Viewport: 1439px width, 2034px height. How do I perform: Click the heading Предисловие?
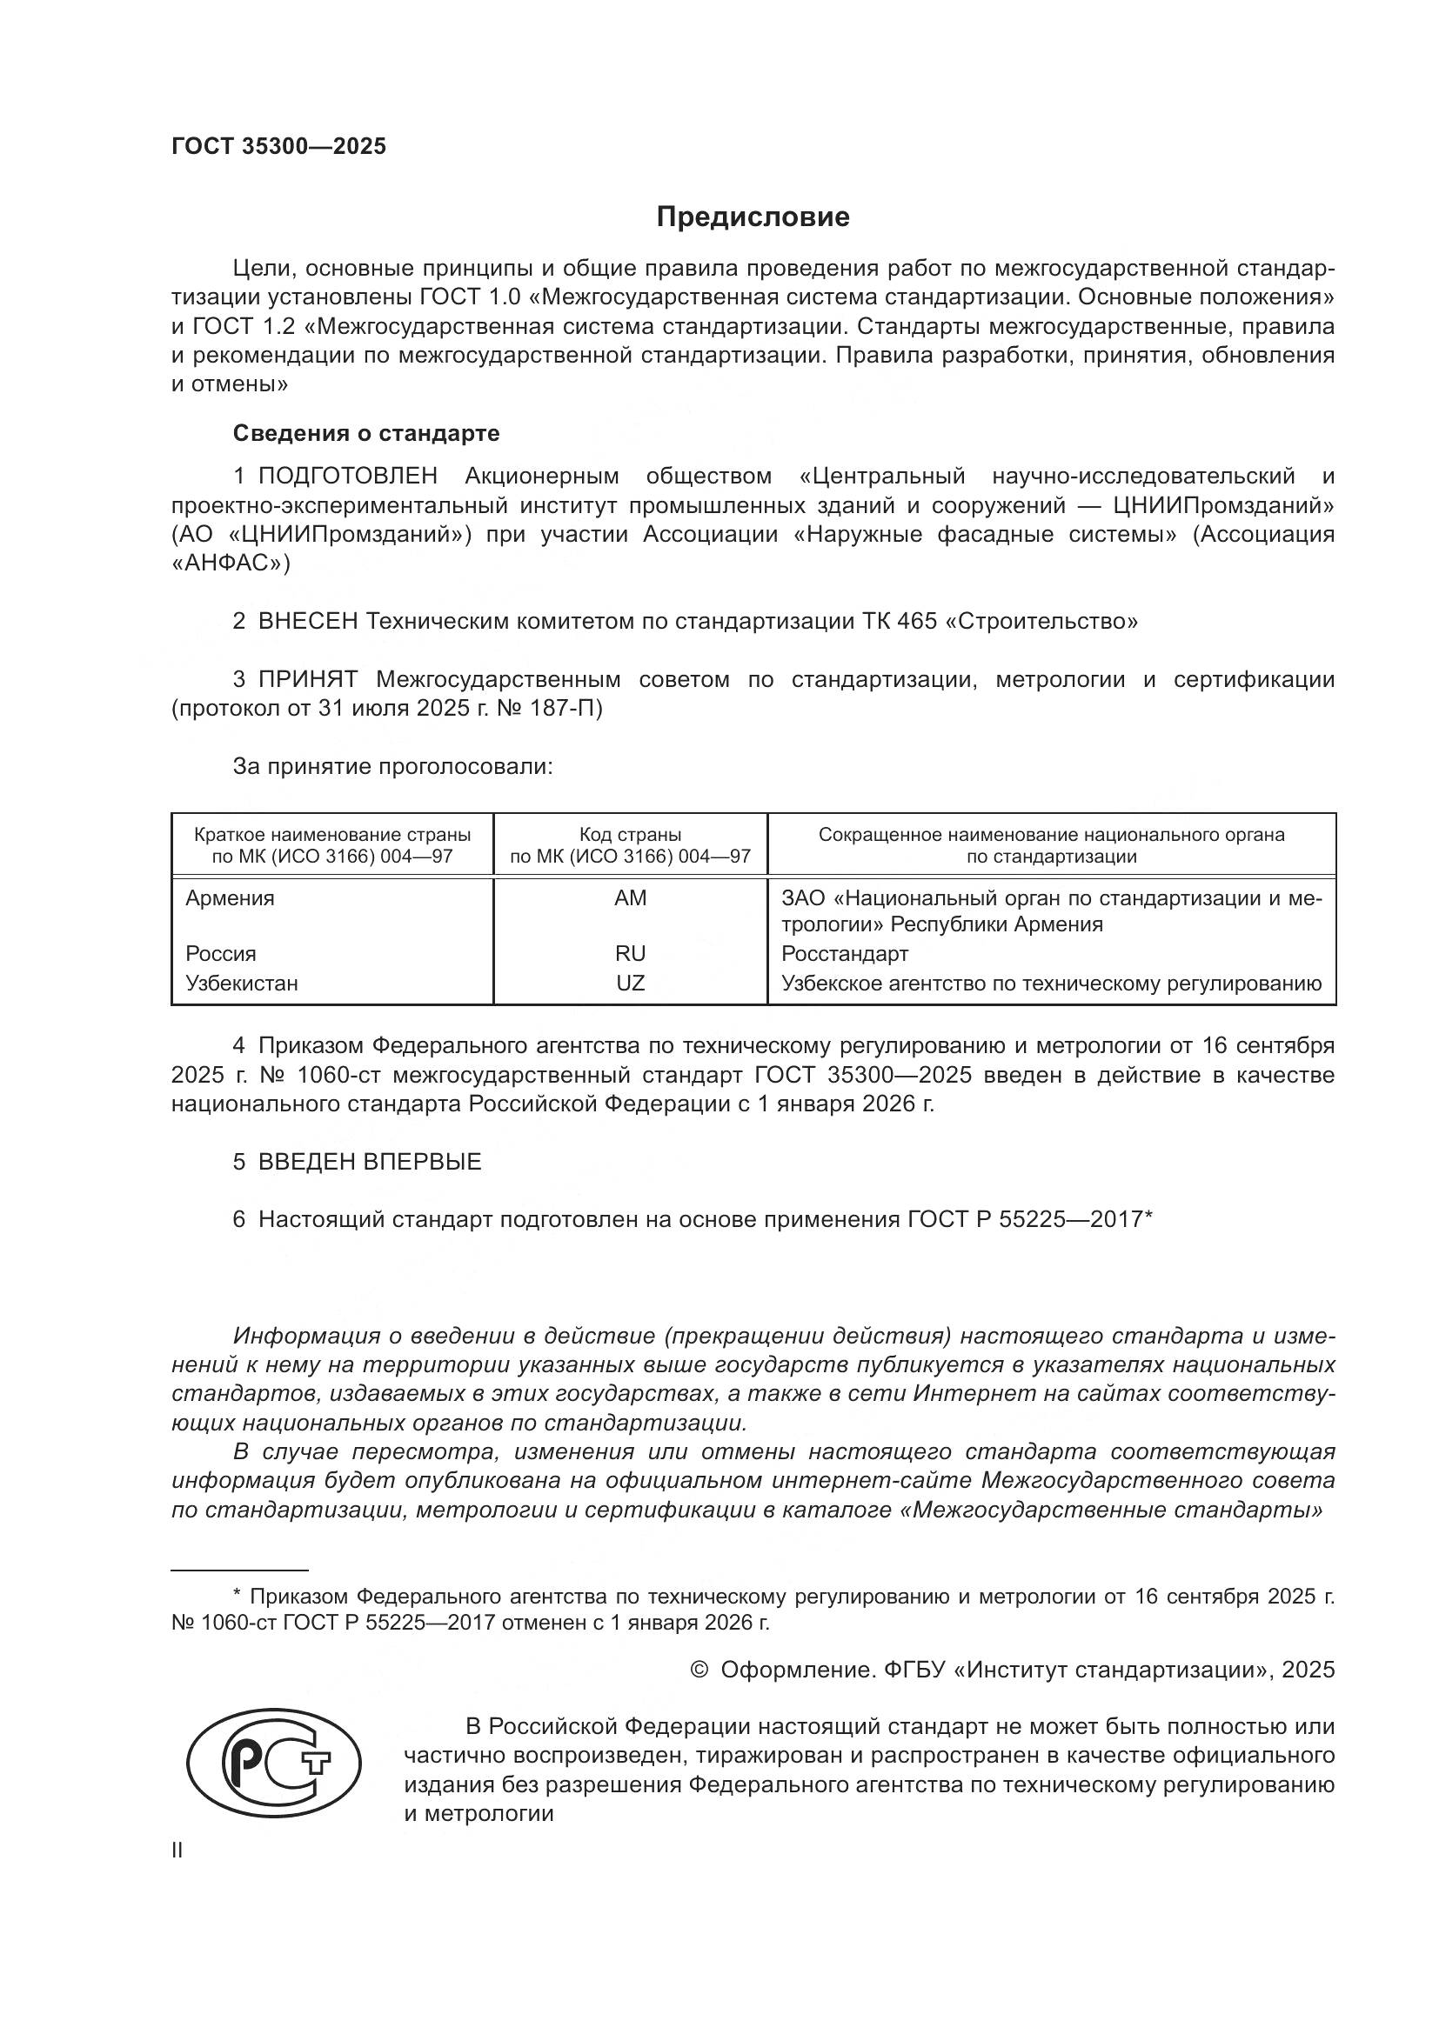(753, 217)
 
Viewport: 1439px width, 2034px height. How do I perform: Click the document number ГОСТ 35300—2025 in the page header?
(279, 146)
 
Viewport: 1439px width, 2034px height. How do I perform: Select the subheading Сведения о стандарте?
(366, 433)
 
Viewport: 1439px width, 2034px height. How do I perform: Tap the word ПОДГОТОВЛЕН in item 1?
(347, 476)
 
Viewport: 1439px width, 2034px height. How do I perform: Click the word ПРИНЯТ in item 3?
(307, 679)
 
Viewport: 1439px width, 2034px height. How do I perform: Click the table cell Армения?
(230, 898)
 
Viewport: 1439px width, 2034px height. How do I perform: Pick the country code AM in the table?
(630, 898)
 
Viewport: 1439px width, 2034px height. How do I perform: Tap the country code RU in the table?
(630, 954)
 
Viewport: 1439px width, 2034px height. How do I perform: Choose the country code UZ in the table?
(630, 984)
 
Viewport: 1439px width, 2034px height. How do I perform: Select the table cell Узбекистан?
(241, 984)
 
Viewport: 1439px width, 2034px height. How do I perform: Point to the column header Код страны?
(630, 835)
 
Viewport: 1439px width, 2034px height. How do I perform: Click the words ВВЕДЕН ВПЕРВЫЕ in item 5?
(370, 1162)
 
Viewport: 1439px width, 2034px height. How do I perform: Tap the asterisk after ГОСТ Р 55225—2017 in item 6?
(1148, 1217)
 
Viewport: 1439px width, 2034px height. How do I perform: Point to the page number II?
(177, 1851)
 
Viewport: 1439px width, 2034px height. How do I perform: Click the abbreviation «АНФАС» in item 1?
(230, 564)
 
